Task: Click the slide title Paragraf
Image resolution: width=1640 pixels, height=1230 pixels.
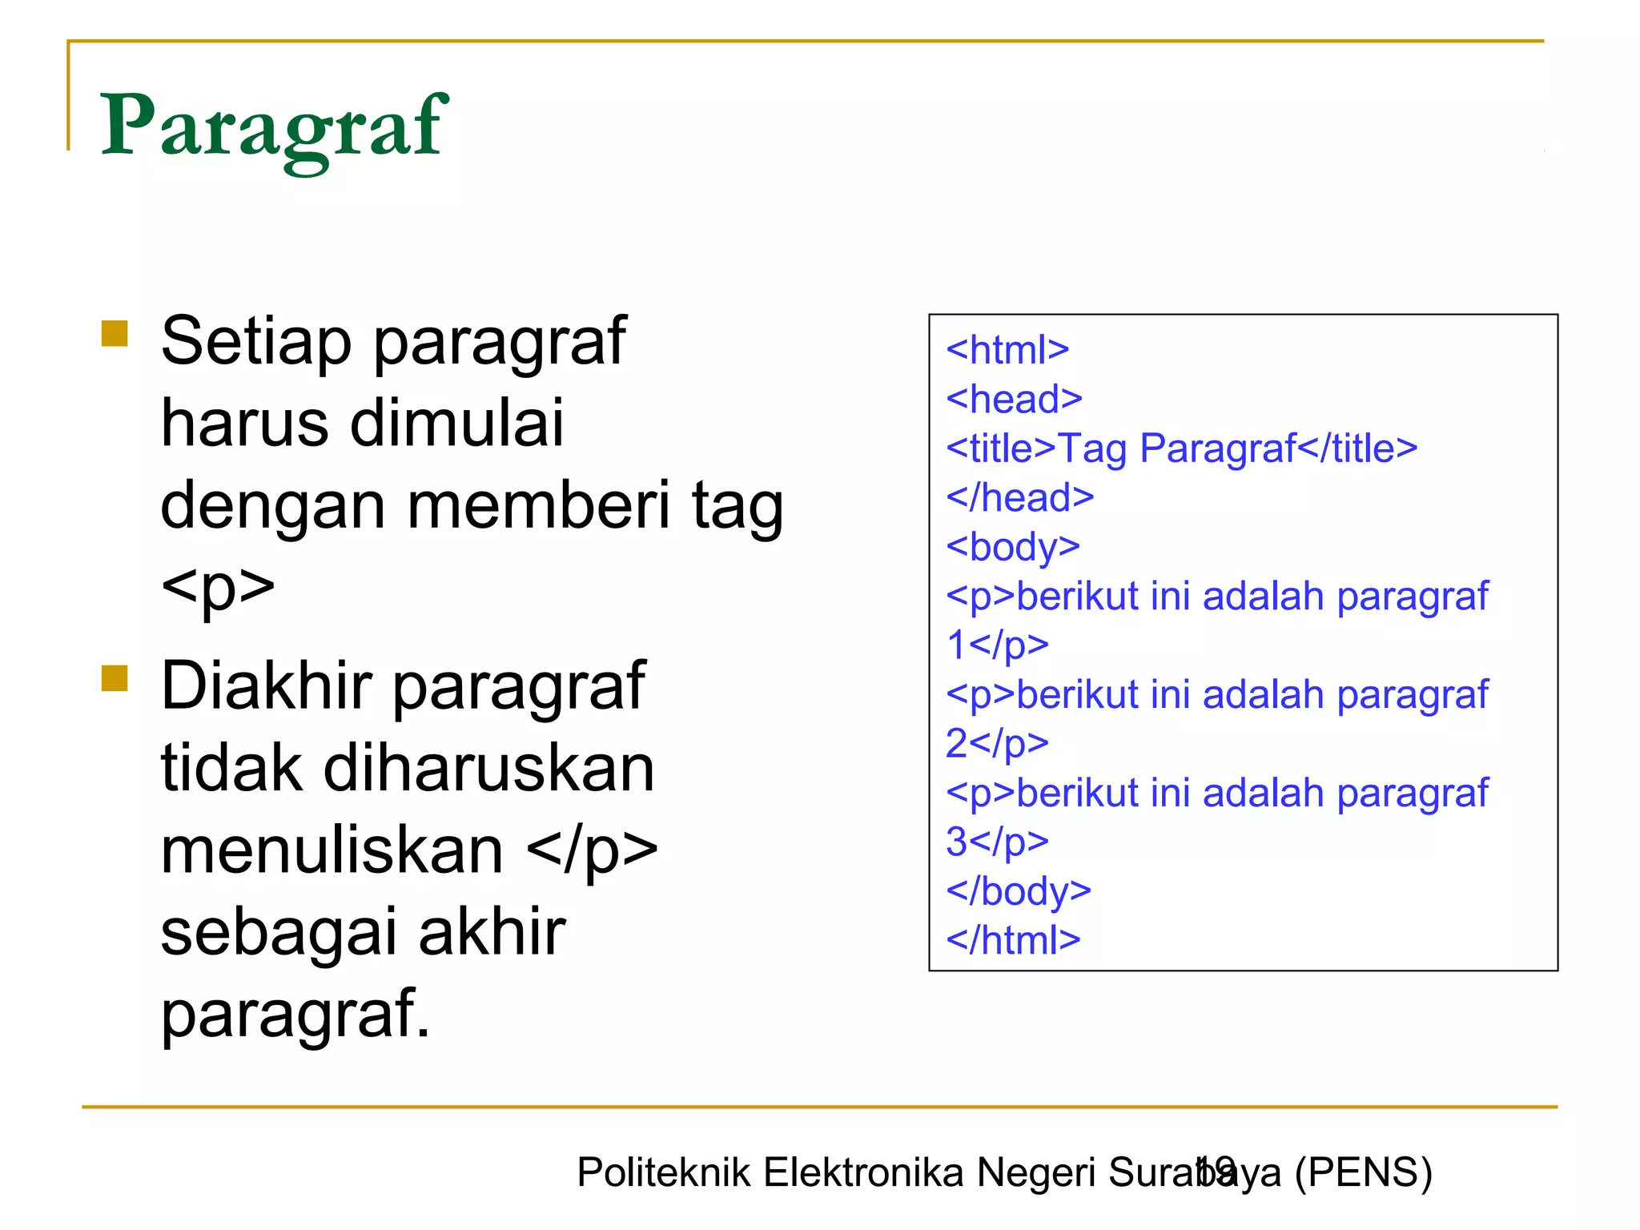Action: [x=273, y=127]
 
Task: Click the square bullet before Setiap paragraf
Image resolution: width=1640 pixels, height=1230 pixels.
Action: [x=115, y=333]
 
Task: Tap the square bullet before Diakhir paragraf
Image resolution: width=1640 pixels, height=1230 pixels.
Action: [x=115, y=677]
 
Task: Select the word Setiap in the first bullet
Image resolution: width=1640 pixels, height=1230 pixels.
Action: [x=256, y=341]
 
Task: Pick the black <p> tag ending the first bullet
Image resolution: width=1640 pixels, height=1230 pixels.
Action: [x=218, y=588]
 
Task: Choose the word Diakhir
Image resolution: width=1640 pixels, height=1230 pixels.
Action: [x=267, y=685]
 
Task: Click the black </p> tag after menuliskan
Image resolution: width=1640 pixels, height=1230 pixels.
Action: [x=593, y=850]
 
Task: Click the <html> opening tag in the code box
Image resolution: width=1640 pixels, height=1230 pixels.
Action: [x=1007, y=350]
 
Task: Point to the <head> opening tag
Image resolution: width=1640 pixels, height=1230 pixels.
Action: [x=1014, y=399]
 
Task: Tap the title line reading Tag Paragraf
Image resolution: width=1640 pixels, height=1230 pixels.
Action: [x=1181, y=448]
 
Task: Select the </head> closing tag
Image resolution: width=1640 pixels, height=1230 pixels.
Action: [x=1019, y=497]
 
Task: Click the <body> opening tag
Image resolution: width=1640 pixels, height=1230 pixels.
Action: [x=1013, y=547]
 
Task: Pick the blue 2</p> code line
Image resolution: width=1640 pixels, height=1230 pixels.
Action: [x=997, y=743]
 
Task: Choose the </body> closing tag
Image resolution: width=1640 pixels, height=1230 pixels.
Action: [x=1019, y=890]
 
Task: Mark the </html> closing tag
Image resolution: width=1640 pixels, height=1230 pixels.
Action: [x=1013, y=940]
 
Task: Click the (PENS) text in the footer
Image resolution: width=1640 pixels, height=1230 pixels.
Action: [x=1363, y=1172]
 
